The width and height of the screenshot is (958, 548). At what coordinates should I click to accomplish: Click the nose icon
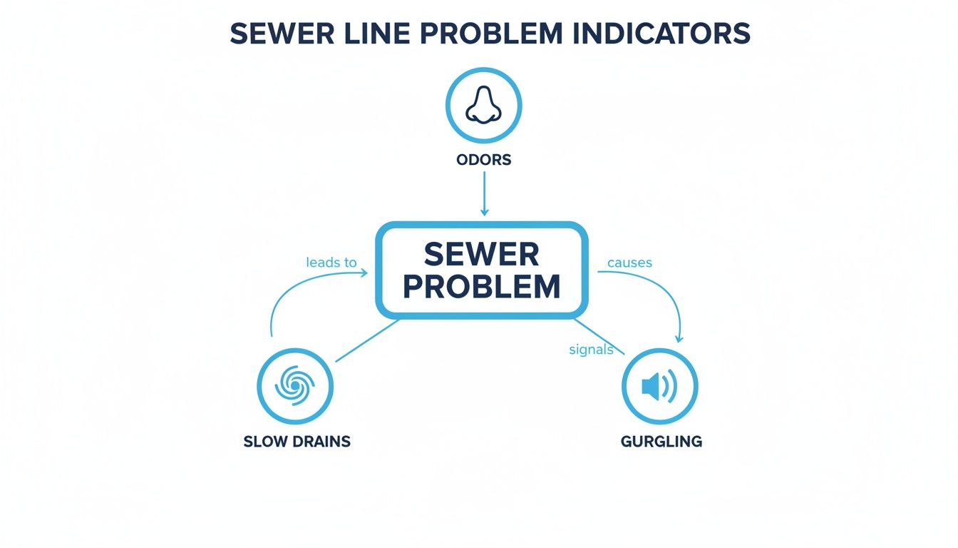483,105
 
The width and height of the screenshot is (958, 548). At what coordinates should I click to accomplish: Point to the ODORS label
483,160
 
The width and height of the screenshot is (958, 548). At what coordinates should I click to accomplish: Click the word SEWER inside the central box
481,255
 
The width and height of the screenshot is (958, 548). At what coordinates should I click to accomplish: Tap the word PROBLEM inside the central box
481,286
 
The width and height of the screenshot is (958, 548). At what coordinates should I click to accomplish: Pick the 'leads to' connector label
331,263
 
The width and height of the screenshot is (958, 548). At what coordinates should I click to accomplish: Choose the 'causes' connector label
629,263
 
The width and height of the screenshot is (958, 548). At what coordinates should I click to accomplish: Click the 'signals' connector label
592,350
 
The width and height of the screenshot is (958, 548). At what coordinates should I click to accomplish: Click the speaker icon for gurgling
659,387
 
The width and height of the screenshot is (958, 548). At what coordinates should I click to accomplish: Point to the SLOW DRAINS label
297,441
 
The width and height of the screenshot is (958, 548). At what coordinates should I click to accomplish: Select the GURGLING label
661,441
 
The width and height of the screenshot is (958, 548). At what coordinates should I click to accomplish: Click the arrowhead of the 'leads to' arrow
364,273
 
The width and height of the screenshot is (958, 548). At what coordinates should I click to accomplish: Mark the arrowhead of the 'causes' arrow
679,338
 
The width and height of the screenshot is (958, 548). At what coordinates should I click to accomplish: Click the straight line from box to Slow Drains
367,340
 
